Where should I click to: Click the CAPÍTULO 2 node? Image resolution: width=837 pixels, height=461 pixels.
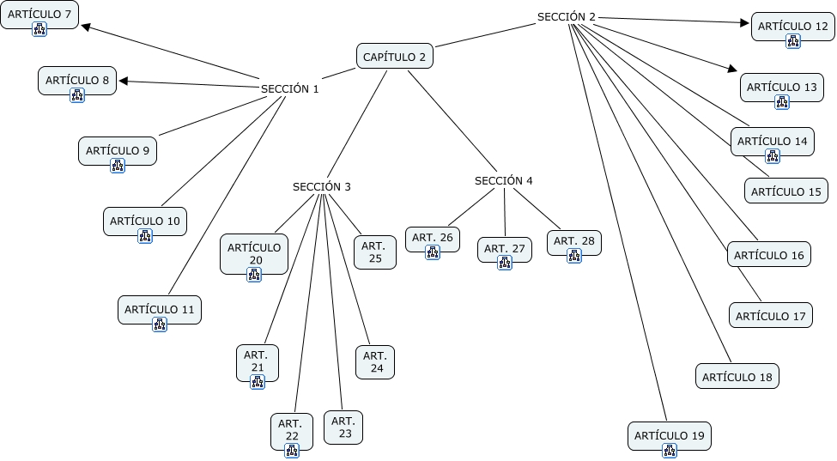click(394, 57)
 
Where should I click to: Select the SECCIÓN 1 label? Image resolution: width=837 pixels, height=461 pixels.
click(289, 88)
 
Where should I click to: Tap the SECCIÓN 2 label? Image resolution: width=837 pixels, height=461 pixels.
click(566, 16)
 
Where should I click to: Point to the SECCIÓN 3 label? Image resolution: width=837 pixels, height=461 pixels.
click(321, 186)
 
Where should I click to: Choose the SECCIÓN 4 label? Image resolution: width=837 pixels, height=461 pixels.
click(503, 181)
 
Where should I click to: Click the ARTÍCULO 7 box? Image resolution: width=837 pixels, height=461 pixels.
click(39, 14)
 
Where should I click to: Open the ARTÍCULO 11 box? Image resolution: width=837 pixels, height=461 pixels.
click(159, 309)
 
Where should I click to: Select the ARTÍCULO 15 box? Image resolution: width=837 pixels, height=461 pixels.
click(785, 191)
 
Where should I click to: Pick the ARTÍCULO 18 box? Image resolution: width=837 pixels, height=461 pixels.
click(737, 377)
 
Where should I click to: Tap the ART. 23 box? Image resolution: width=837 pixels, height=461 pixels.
click(343, 427)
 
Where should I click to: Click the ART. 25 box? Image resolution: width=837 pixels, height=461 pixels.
click(375, 252)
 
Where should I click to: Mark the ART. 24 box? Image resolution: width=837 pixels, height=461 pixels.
click(375, 361)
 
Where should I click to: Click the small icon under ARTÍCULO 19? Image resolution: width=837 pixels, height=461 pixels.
click(669, 450)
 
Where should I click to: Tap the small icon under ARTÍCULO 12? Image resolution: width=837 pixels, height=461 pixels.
click(792, 40)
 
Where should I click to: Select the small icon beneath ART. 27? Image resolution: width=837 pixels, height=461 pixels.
click(504, 263)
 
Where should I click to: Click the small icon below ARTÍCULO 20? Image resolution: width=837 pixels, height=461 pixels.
click(253, 274)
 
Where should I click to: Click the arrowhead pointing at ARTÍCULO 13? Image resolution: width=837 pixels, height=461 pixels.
click(732, 70)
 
